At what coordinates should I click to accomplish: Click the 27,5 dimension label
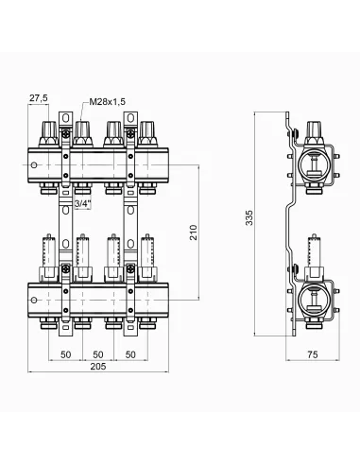pyautogui.click(x=39, y=98)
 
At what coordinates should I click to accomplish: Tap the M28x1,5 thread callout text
pyautogui.click(x=108, y=102)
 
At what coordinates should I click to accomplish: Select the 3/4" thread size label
pyautogui.click(x=82, y=203)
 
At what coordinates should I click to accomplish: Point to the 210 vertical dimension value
pyautogui.click(x=194, y=232)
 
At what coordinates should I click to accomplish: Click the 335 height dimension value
pyautogui.click(x=249, y=217)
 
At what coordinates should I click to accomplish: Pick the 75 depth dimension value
pyautogui.click(x=313, y=354)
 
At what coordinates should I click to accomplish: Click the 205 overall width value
pyautogui.click(x=98, y=367)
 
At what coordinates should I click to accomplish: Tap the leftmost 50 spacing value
pyautogui.click(x=65, y=354)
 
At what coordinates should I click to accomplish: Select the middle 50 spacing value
pyautogui.click(x=98, y=354)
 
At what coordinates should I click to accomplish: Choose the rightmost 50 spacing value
pyautogui.click(x=130, y=354)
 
